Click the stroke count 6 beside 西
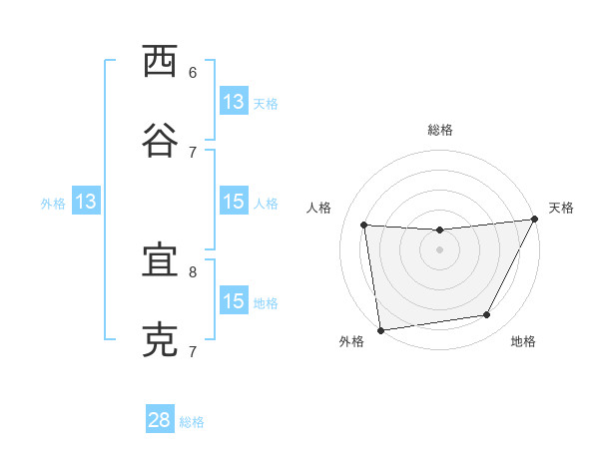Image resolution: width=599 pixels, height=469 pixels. tap(193, 72)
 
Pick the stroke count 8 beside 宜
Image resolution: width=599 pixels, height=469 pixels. tap(193, 271)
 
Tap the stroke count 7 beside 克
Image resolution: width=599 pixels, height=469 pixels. tap(193, 351)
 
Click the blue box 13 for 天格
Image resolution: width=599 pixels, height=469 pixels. tap(234, 102)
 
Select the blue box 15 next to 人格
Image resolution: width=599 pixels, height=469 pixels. tap(234, 202)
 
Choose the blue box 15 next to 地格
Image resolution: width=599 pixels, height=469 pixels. tap(234, 301)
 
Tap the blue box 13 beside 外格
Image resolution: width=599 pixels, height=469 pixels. tap(86, 202)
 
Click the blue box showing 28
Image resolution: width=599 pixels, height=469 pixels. tap(160, 420)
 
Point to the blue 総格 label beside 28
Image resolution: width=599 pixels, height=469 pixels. tap(192, 422)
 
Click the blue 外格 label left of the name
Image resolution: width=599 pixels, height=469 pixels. tap(53, 204)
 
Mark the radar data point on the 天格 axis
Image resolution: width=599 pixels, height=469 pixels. tap(534, 220)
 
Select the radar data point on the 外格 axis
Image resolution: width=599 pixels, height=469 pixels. tap(380, 329)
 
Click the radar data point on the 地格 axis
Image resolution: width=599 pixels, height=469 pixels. tap(487, 315)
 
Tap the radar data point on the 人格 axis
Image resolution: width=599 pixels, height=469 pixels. tap(364, 226)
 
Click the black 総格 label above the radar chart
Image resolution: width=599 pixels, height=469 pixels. tap(439, 130)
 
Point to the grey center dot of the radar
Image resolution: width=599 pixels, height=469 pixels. tap(439, 249)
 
